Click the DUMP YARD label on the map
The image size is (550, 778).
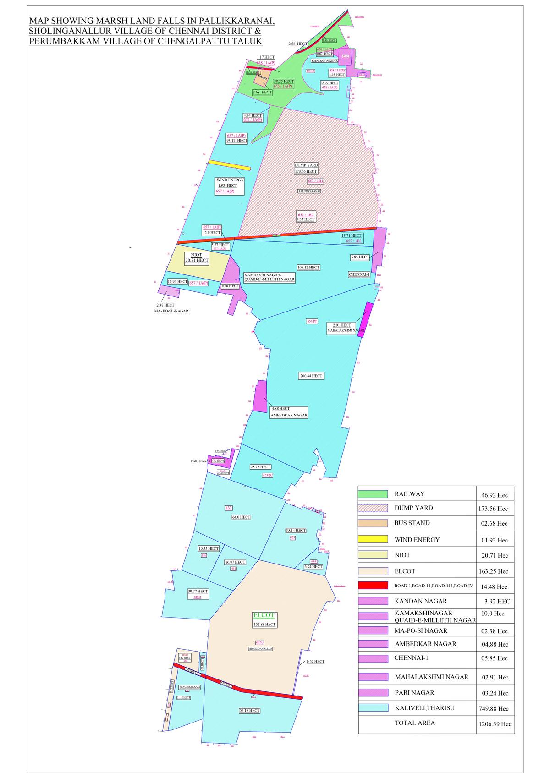coord(306,165)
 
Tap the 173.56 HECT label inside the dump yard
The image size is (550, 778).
coord(306,171)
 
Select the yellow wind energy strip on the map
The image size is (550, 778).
coord(229,165)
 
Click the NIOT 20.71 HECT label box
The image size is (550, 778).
coord(197,258)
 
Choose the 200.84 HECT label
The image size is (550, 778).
coord(311,376)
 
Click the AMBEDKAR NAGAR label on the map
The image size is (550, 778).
coord(289,415)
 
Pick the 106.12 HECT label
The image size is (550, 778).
coord(308,267)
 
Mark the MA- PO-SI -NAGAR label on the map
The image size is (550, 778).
coord(171,311)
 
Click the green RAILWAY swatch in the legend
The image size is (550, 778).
coord(373,494)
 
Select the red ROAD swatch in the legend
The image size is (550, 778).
coord(373,586)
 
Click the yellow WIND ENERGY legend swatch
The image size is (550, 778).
coord(373,539)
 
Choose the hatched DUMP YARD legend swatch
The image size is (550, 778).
coord(373,508)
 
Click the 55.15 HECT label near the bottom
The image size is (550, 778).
coord(250,711)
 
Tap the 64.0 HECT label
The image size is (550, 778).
coord(241,517)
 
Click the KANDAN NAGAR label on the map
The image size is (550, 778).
coord(324,60)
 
